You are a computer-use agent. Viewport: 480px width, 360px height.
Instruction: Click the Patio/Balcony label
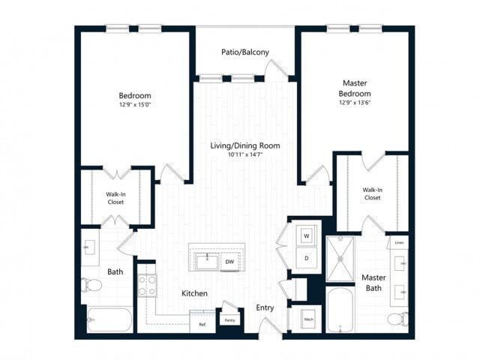pyautogui.click(x=245, y=52)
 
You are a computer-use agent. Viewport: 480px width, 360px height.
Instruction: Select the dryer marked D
pyautogui.click(x=306, y=257)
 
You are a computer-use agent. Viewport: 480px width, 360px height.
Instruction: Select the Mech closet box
pyautogui.click(x=307, y=319)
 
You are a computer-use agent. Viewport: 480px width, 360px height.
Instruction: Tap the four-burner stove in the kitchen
pyautogui.click(x=146, y=285)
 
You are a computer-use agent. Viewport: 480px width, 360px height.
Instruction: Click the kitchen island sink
pyautogui.click(x=205, y=262)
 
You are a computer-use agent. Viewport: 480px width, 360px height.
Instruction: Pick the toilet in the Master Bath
pyautogui.click(x=397, y=320)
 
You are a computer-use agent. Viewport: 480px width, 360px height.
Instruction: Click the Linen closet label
pyautogui.click(x=399, y=243)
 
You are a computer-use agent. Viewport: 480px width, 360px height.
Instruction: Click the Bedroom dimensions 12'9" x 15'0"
pyautogui.click(x=135, y=106)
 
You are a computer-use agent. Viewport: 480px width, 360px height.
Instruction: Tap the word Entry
pyautogui.click(x=265, y=307)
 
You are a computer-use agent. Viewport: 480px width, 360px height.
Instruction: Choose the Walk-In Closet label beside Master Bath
pyautogui.click(x=372, y=193)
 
